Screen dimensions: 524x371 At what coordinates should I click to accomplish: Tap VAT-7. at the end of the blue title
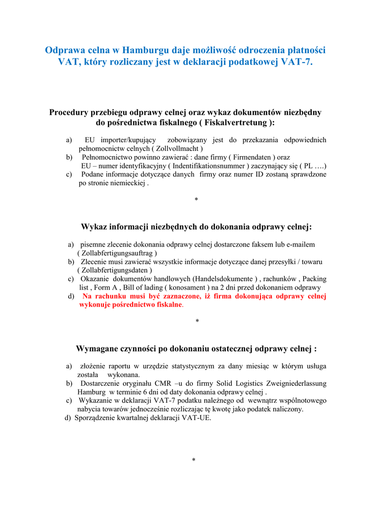(297, 62)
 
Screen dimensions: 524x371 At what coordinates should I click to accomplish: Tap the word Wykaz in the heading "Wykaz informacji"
(96, 227)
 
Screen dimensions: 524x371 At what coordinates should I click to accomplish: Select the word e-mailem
(299, 245)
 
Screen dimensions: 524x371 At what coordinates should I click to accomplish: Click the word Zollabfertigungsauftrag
(117, 253)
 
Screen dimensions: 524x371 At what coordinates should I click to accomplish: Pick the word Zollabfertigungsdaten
(115, 270)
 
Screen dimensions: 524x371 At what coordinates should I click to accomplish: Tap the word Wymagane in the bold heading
(98, 349)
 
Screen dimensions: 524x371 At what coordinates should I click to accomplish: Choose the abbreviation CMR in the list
(163, 383)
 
